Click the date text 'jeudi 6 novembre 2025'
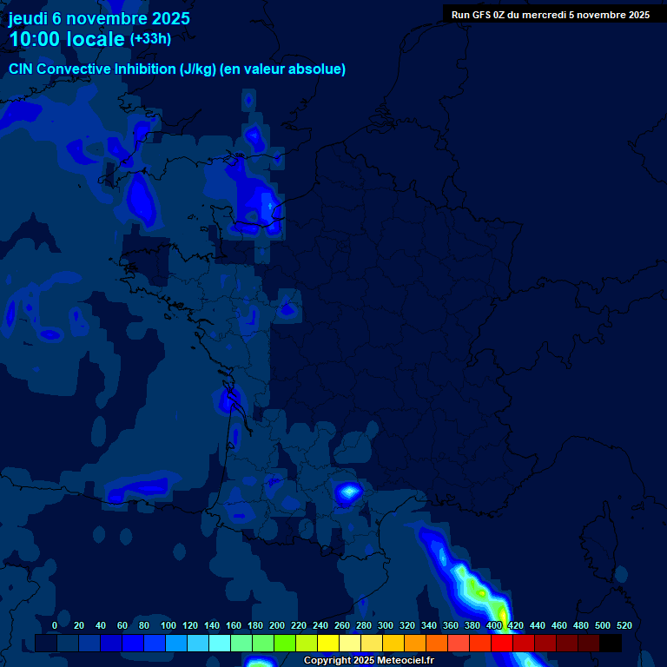99,18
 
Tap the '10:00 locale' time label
67,39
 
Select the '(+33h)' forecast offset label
150,38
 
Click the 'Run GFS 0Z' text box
550,15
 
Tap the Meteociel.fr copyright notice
368,660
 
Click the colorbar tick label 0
55,625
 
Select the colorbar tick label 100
168,625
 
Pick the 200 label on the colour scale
277,625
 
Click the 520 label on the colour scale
624,625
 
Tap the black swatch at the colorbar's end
611,644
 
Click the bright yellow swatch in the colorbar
328,644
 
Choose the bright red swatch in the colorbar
502,644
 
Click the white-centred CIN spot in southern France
349,493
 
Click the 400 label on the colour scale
494,625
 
